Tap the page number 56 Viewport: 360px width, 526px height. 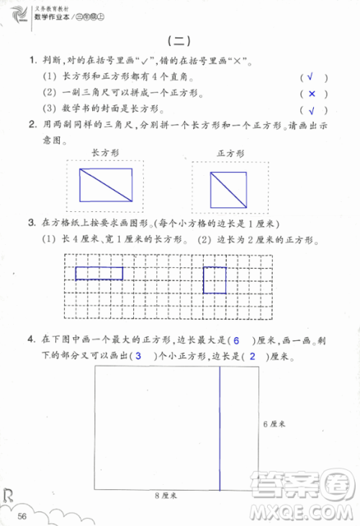[23, 514]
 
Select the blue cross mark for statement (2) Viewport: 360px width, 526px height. [312, 94]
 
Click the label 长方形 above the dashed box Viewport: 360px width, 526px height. [106, 153]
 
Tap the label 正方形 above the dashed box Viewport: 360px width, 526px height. [230, 153]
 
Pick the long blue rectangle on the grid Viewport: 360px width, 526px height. [99, 272]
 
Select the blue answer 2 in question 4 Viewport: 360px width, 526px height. [251, 357]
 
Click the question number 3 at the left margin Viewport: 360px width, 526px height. [31, 222]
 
